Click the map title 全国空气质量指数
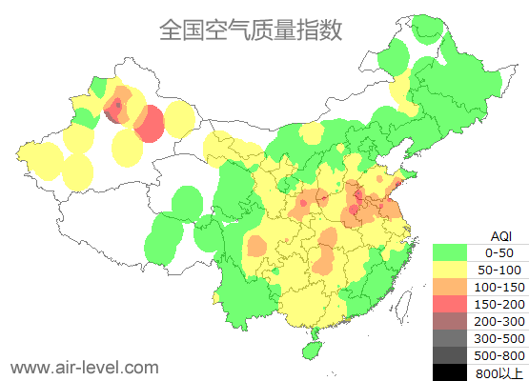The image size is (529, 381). (251, 30)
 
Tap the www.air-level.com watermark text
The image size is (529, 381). (84, 367)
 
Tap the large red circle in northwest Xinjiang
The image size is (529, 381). (150, 124)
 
